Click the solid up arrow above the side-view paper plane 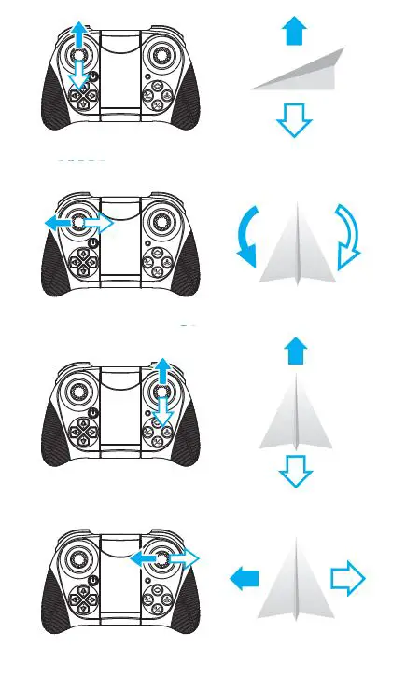click(294, 33)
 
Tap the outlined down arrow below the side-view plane click(294, 120)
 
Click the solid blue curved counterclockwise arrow click(247, 239)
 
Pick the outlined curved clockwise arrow click(347, 237)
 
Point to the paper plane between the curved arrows click(296, 246)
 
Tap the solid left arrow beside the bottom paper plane click(245, 580)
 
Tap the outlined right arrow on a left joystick click(97, 223)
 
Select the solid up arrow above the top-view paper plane click(294, 352)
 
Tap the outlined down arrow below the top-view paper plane click(294, 473)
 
